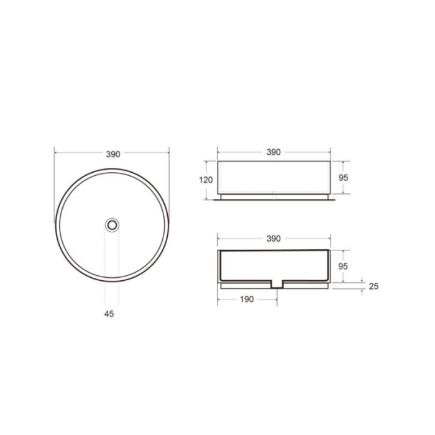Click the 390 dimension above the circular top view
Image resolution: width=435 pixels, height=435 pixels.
click(x=113, y=154)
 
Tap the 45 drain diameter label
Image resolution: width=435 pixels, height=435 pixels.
click(x=109, y=314)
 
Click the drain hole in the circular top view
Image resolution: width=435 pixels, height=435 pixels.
click(x=112, y=225)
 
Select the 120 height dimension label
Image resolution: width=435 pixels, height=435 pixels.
click(x=206, y=180)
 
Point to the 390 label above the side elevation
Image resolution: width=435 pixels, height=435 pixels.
click(x=273, y=152)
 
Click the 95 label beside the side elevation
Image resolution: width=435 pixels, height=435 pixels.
click(x=343, y=178)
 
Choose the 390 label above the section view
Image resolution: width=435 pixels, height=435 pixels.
click(x=273, y=238)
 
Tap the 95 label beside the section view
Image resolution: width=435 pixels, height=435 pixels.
click(x=343, y=266)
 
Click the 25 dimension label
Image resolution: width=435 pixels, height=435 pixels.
click(x=373, y=286)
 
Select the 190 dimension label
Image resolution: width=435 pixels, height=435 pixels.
click(x=247, y=299)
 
